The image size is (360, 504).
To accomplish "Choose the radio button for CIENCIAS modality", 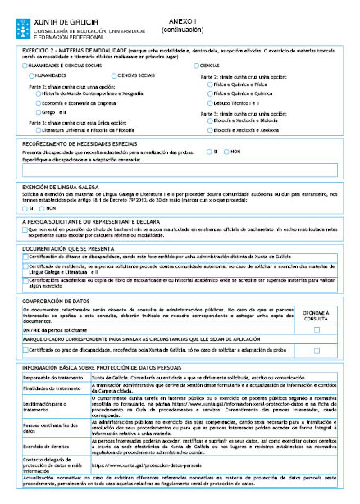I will [x=197, y=65].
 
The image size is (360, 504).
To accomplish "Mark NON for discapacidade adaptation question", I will [x=226, y=152].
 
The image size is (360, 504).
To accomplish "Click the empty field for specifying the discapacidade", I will [x=180, y=169].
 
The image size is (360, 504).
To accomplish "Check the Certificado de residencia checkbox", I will [x=25, y=267].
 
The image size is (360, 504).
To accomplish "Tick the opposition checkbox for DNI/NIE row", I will [x=317, y=329].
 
